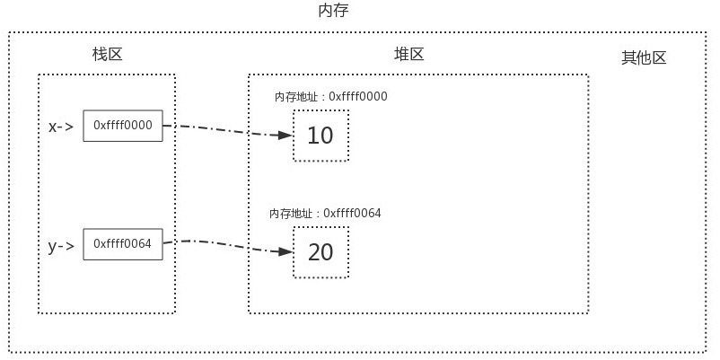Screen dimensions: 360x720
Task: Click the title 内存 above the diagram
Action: click(333, 11)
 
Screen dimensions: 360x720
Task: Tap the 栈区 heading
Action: click(107, 55)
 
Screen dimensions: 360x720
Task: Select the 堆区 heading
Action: click(408, 55)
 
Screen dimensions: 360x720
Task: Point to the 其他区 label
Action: click(644, 58)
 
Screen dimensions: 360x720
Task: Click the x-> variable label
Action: click(61, 127)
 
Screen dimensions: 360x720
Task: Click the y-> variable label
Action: click(61, 245)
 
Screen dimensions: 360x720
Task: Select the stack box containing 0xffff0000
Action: click(123, 127)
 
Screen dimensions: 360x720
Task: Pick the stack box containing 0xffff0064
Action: click(123, 244)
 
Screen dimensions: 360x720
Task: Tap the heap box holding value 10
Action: click(320, 136)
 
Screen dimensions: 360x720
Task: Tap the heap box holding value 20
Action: click(320, 252)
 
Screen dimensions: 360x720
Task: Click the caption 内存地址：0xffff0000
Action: click(331, 97)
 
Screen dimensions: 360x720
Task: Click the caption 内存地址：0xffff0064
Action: click(325, 214)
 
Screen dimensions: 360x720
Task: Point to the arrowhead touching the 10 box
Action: click(285, 136)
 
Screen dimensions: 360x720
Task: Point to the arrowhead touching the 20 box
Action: click(285, 252)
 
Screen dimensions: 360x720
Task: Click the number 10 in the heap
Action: click(320, 136)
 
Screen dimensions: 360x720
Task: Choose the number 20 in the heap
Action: click(320, 252)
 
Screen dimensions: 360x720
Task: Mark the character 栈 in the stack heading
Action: click(99, 55)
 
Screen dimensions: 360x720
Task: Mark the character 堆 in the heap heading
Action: click(400, 55)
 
